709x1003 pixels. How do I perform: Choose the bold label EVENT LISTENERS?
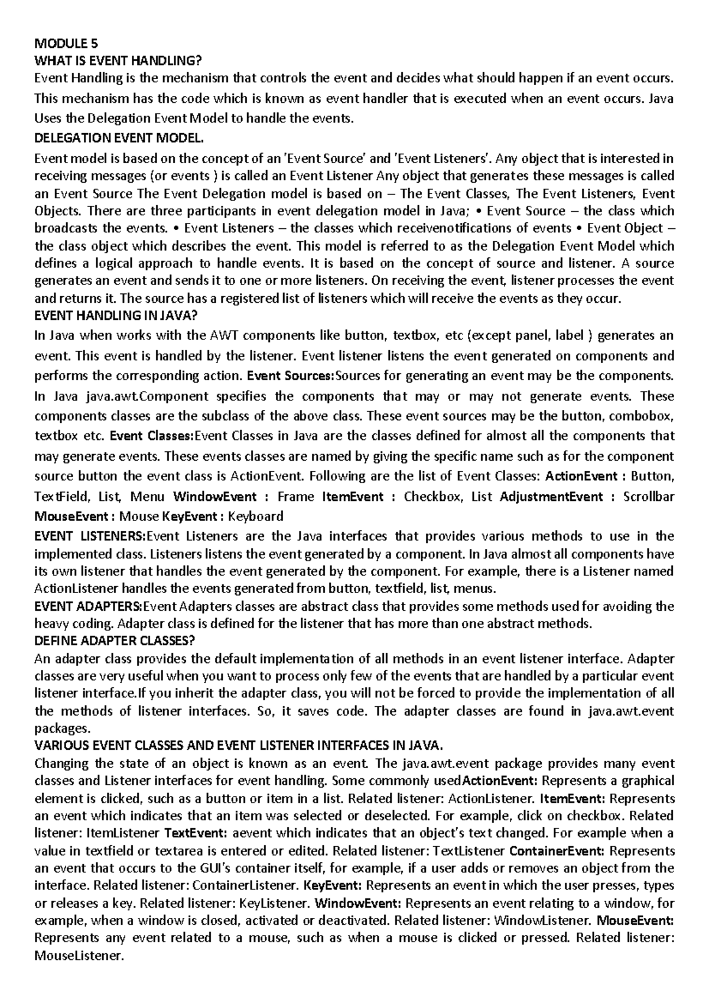pyautogui.click(x=90, y=536)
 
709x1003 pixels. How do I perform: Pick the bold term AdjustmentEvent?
pyautogui.click(x=547, y=497)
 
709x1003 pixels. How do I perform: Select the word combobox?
pyautogui.click(x=643, y=416)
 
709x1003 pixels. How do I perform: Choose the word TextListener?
pyautogui.click(x=469, y=851)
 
